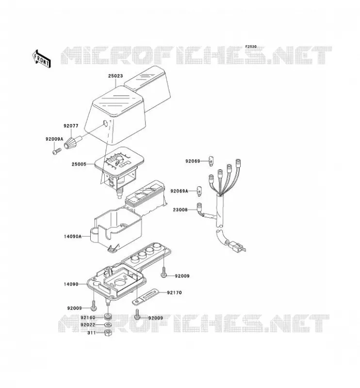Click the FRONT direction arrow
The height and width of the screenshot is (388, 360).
[x=42, y=59]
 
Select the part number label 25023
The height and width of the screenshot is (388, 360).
[x=115, y=76]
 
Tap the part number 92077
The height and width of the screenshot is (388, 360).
[x=71, y=126]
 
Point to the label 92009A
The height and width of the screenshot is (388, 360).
[x=54, y=139]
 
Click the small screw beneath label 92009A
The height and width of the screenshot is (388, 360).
[x=57, y=151]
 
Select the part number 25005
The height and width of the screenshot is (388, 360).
[x=79, y=164]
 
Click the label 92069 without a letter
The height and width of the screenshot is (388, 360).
[x=193, y=161]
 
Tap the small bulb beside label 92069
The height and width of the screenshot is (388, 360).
[x=211, y=161]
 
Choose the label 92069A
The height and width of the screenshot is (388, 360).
[x=179, y=191]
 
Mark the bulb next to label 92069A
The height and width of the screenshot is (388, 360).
[x=199, y=191]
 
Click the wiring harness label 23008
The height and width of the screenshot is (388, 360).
[x=180, y=210]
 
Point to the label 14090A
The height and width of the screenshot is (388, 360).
[x=73, y=236]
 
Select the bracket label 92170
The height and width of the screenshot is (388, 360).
[x=174, y=292]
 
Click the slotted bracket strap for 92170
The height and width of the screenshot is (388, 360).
[x=145, y=297]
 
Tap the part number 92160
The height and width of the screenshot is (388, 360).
[x=88, y=318]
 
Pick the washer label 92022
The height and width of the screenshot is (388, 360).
[x=88, y=324]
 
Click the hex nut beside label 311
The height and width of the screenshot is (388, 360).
[x=108, y=333]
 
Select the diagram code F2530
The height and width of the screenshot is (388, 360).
[x=251, y=47]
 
